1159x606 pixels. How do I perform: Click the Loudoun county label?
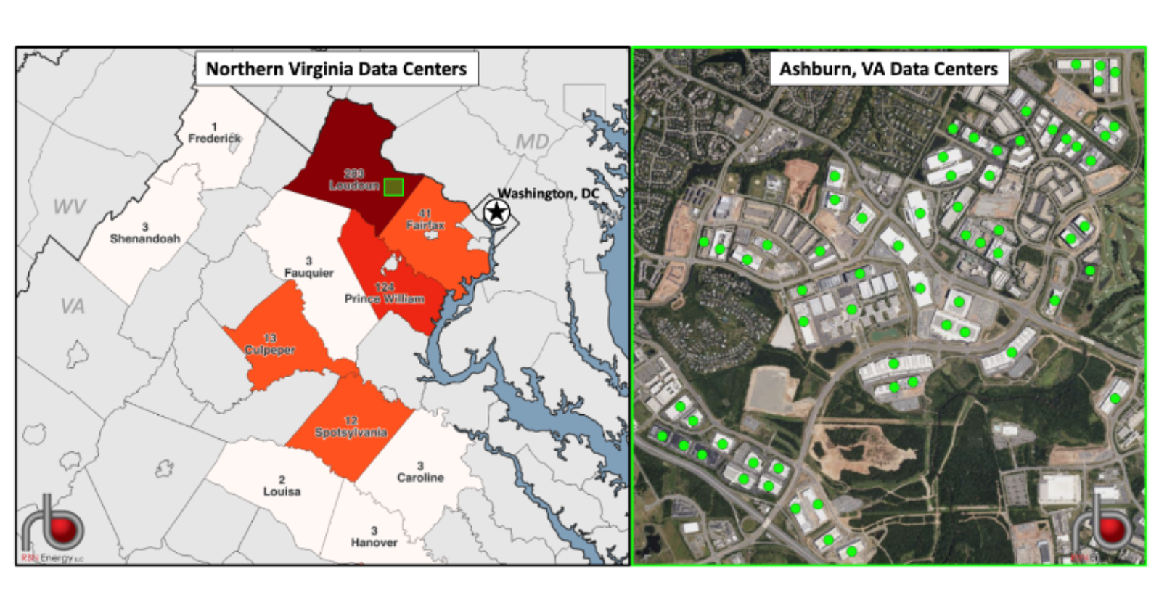pos(353,186)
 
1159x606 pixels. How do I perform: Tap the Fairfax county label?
pos(425,225)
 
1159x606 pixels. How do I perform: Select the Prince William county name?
pos(384,298)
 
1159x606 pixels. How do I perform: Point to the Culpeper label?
pos(269,350)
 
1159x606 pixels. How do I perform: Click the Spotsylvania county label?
pos(351,433)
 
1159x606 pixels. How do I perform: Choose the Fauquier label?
pos(308,273)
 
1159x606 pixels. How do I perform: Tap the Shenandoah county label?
pos(144,238)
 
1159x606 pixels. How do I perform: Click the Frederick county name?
pos(214,138)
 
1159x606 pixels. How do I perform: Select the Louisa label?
pos(282,491)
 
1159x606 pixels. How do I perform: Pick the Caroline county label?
pos(420,478)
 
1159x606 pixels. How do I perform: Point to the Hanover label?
pos(374,542)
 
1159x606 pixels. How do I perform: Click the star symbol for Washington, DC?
pos(496,213)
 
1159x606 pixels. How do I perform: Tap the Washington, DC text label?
pos(548,194)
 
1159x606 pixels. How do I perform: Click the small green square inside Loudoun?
pos(393,187)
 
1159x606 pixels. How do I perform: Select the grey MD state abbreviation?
pos(532,142)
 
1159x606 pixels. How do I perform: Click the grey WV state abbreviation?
pos(70,208)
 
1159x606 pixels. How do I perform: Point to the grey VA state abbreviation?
pos(72,306)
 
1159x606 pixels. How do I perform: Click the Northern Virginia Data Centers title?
pos(336,69)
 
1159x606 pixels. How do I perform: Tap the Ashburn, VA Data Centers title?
pos(888,69)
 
